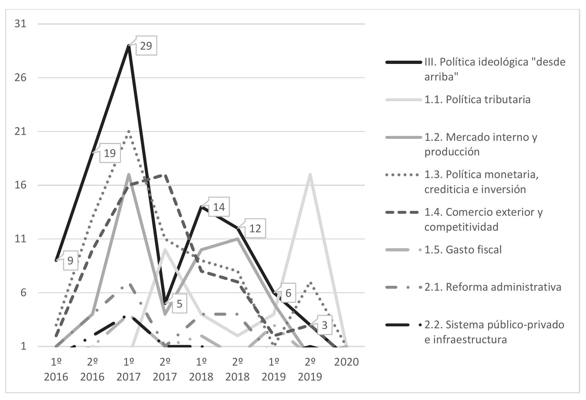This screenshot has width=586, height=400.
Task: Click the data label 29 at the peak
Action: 146,46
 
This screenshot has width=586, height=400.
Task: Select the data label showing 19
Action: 110,153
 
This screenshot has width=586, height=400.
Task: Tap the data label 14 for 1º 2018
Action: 219,207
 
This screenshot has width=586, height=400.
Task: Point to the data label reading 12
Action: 255,228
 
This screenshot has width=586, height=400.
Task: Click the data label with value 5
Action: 179,304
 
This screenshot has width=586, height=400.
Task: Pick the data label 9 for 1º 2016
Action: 70,260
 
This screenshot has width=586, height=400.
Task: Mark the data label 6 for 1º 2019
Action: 288,293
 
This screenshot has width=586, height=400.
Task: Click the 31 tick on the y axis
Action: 20,24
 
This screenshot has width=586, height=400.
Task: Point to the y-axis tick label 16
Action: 20,185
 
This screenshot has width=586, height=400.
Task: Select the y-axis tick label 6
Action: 23,293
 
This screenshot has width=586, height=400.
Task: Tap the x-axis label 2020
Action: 346,362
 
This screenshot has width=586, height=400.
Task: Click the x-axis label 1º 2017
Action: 129,369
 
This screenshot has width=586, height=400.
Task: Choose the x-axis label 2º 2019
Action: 310,369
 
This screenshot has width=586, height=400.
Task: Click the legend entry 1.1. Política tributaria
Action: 477,99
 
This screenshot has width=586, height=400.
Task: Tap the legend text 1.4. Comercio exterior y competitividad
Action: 483,219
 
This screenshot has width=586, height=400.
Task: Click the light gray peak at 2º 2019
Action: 310,175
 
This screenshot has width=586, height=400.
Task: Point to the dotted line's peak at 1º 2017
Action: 129,132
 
